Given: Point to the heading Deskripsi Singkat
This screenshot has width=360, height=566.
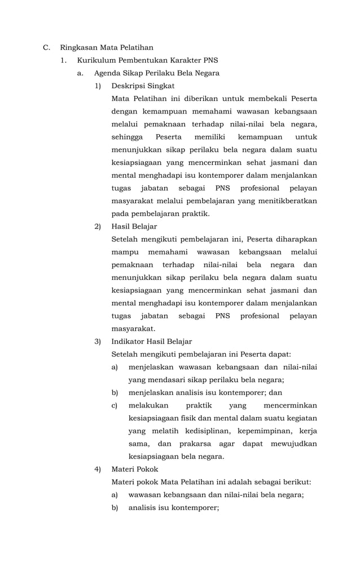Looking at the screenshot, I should click(x=143, y=86).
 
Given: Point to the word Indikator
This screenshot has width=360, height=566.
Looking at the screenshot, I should click(x=128, y=341).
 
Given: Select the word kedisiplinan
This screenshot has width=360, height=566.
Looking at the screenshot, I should click(x=197, y=431).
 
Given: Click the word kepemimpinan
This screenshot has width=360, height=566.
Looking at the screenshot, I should click(x=262, y=431).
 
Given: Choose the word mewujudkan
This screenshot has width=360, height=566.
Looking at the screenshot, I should click(x=292, y=444).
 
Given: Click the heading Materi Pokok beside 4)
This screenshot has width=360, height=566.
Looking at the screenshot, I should click(x=135, y=469).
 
